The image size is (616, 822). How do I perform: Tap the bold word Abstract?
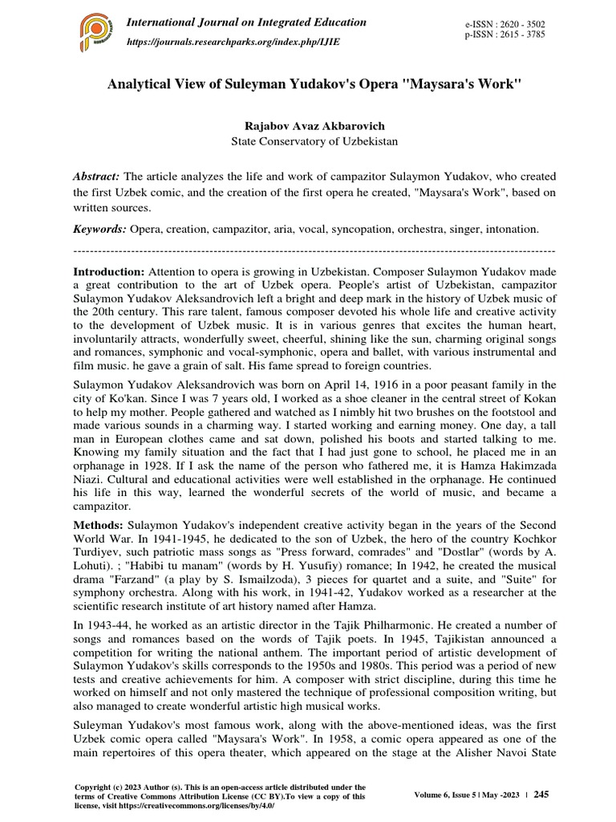[97, 177]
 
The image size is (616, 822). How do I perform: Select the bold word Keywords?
[100, 229]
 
